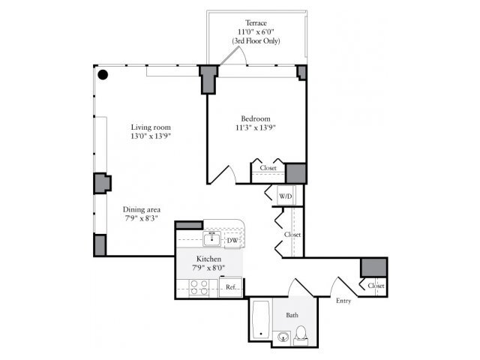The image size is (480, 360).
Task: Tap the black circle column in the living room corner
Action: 103,74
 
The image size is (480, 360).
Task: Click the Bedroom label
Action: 255,119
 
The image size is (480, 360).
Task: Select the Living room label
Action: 148,127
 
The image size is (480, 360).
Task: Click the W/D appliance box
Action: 286,196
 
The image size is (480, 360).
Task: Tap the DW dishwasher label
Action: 232,240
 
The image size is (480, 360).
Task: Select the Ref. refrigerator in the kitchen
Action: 231,287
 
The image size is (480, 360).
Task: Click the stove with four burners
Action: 200,286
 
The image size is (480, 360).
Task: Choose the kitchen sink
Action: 212,241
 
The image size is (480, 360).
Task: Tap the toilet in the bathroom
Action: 301,333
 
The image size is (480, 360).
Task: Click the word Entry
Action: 343,301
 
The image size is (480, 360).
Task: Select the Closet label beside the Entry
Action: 375,286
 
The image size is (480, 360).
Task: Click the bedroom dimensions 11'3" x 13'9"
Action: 255,128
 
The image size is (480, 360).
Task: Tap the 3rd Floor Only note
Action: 256,41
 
